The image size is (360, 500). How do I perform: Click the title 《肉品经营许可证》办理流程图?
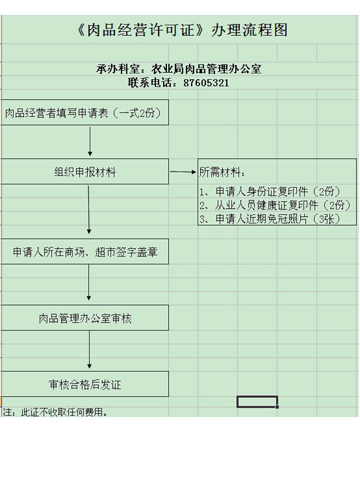pyautogui.click(x=182, y=31)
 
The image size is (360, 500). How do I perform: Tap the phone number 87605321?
pyautogui.click(x=206, y=83)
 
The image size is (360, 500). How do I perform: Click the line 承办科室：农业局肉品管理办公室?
pyautogui.click(x=179, y=69)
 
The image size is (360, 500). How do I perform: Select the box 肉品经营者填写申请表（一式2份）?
pyautogui.click(x=85, y=112)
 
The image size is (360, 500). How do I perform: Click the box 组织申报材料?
pyautogui.click(x=85, y=171)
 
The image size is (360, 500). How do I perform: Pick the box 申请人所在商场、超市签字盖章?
pyautogui.click(x=85, y=251)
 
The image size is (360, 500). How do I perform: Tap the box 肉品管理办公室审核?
pyautogui.click(x=85, y=318)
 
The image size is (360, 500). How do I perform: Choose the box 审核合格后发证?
pyautogui.click(x=85, y=384)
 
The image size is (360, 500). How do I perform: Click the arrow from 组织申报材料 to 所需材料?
pyautogui.click(x=183, y=172)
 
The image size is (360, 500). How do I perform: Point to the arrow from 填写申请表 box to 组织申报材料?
pyautogui.click(x=90, y=142)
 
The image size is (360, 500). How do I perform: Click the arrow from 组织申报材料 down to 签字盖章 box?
pyautogui.click(x=89, y=210)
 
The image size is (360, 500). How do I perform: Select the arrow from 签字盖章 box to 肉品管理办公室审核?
pyautogui.click(x=89, y=282)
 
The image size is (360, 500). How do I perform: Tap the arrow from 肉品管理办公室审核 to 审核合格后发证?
pyautogui.click(x=90, y=350)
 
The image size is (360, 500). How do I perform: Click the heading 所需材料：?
pyautogui.click(x=222, y=172)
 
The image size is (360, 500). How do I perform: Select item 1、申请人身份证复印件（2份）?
pyautogui.click(x=270, y=192)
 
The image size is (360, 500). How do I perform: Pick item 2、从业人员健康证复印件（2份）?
pyautogui.click(x=275, y=205)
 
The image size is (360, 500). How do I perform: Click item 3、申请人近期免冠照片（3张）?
pyautogui.click(x=270, y=219)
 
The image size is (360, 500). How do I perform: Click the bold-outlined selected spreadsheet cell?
pyautogui.click(x=257, y=401)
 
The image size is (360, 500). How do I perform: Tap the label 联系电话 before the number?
pyautogui.click(x=152, y=83)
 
